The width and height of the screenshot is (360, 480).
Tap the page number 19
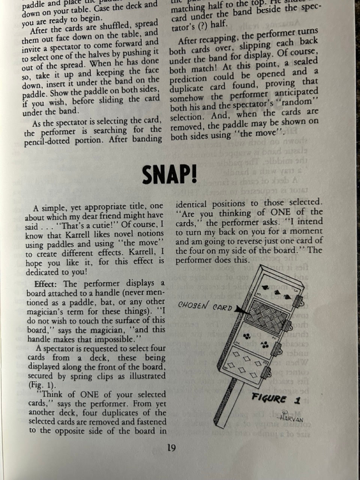tap(171, 448)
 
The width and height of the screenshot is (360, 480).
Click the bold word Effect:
tap(48, 284)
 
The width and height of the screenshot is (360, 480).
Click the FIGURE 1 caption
tap(276, 399)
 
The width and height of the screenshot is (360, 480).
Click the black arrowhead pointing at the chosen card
tap(240, 310)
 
